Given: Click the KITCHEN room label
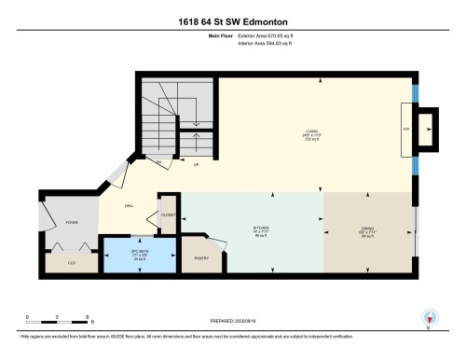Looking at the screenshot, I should pos(250,227).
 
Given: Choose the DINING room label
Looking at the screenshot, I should pos(369,227).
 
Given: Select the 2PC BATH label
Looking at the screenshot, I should pos(125,255).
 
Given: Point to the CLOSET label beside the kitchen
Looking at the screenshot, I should pos(168,215).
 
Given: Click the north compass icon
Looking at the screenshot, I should pos(429,318).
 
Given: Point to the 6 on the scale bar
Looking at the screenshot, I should pos(86,317).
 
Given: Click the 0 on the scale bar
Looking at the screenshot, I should pos(28,317).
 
